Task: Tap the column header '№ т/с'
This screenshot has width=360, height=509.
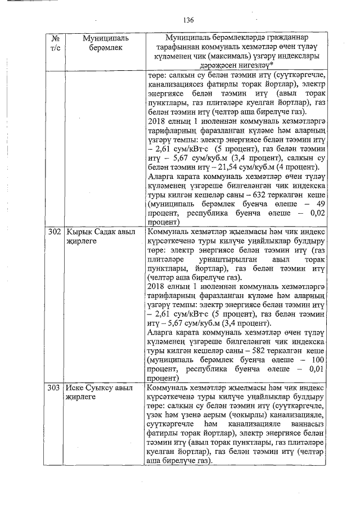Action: (x=55, y=43)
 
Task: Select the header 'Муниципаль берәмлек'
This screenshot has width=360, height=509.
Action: (x=105, y=43)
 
